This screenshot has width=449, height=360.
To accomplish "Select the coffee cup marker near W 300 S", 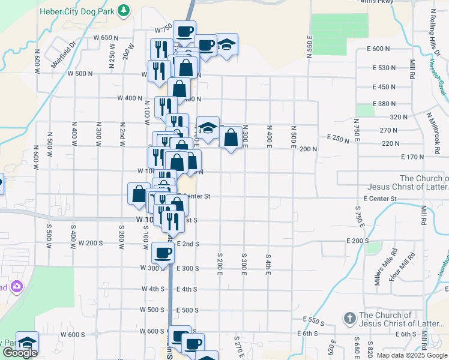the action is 163,253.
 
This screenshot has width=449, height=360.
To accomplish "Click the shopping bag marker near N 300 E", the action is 231,137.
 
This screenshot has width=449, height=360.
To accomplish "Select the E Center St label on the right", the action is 380,198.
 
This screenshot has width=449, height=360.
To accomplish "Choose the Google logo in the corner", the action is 20,353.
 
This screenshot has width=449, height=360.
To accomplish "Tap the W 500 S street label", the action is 152,310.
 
